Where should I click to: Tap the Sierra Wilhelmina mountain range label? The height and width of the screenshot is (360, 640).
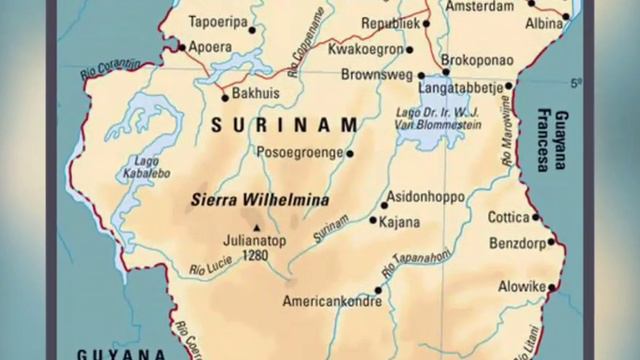coord(259,199)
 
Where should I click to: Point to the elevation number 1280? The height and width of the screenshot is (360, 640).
coord(256,254)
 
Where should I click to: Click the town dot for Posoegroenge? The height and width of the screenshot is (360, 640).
coord(350,153)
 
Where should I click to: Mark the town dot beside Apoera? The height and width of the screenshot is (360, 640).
coord(181,46)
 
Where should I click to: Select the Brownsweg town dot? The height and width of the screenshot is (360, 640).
coord(421,75)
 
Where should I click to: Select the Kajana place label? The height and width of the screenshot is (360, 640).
coord(400,221)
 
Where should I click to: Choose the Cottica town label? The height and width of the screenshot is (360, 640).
coord(507,217)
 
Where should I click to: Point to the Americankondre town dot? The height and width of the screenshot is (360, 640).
coord(378,290)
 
